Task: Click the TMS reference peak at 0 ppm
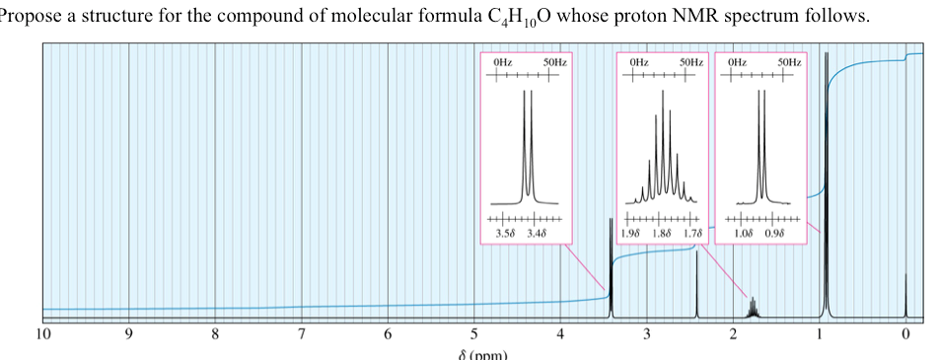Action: point(905,296)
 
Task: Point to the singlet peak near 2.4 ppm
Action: point(696,286)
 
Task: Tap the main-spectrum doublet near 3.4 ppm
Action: point(611,266)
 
